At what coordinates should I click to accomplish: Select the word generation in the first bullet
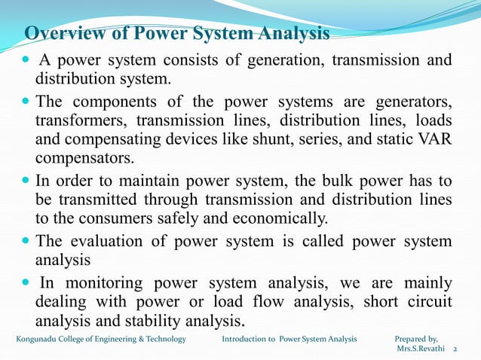(283, 62)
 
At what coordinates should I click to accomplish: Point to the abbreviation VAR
(435, 140)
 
